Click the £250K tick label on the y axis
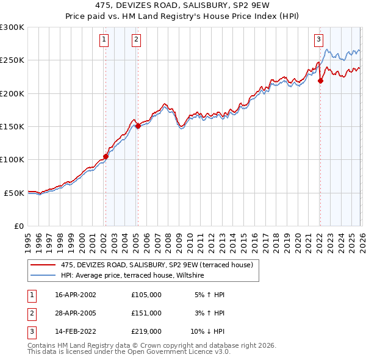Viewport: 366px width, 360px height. [12, 60]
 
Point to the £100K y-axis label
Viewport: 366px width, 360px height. [12, 160]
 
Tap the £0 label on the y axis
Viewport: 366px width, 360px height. [18, 226]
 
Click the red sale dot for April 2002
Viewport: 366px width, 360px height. [106, 156]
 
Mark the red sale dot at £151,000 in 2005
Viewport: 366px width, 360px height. [138, 126]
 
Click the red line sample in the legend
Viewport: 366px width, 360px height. [43, 265]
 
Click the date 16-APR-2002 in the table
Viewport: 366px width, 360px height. [75, 295]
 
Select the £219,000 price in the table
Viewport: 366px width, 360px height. [146, 331]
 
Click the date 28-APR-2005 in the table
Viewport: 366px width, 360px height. [75, 313]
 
